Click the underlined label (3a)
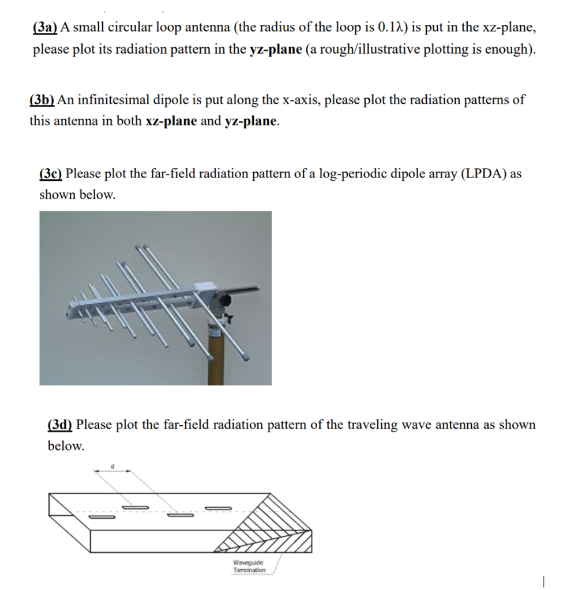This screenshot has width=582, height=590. [x=44, y=28]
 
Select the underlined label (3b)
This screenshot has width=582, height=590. [x=42, y=100]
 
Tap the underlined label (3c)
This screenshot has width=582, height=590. [x=51, y=173]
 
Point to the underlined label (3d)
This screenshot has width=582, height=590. [x=60, y=425]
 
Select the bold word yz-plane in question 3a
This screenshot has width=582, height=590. [x=276, y=49]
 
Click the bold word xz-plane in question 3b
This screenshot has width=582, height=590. [x=171, y=121]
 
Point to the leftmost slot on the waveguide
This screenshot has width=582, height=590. [x=99, y=516]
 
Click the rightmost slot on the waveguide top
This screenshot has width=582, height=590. [x=218, y=508]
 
